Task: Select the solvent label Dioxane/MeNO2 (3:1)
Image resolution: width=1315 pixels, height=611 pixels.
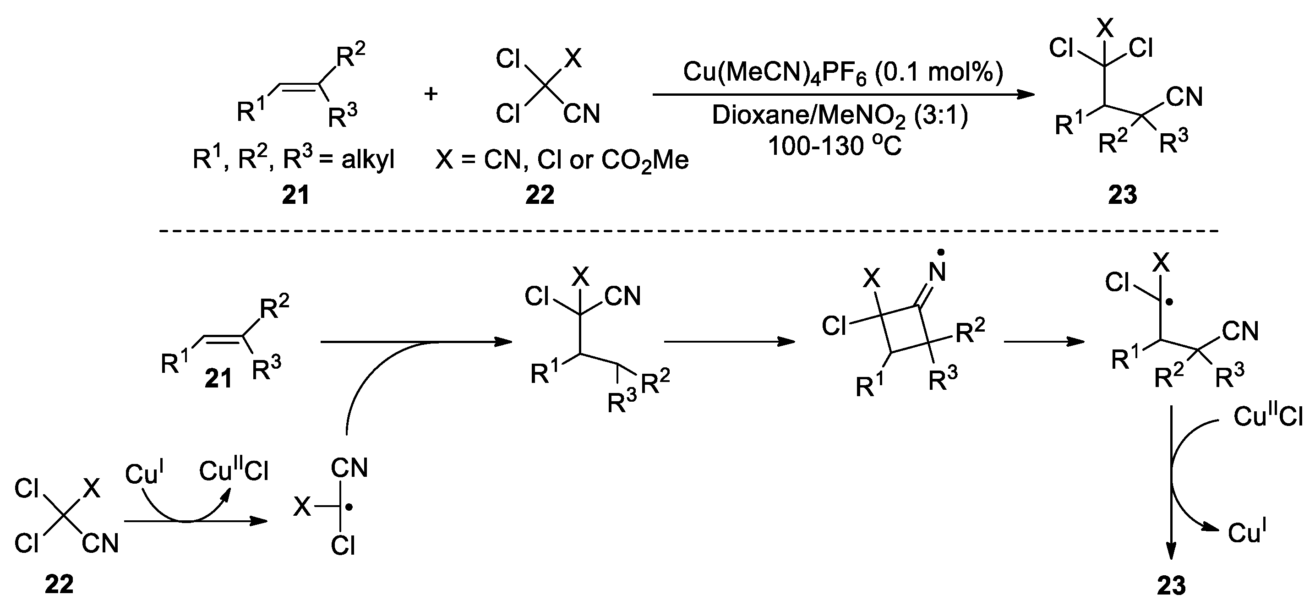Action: [x=840, y=116]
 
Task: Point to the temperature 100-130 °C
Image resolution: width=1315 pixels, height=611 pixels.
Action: [x=834, y=146]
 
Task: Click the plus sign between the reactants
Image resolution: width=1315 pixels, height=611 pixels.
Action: [x=431, y=93]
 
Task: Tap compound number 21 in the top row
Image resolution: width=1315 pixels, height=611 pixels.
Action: [x=295, y=195]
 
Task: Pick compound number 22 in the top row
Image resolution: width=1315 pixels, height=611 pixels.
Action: [x=540, y=195]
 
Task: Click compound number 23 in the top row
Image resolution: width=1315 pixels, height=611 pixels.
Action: [x=1123, y=195]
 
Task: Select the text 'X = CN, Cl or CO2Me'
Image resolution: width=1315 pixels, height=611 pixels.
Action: [x=562, y=160]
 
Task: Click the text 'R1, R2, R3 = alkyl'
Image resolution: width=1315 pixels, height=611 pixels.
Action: [x=294, y=160]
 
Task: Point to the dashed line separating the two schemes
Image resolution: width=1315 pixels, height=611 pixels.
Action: [x=689, y=231]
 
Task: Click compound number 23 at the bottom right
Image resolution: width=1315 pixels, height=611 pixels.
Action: [x=1171, y=585]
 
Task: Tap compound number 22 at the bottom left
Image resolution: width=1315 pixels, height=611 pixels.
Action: [x=59, y=584]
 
